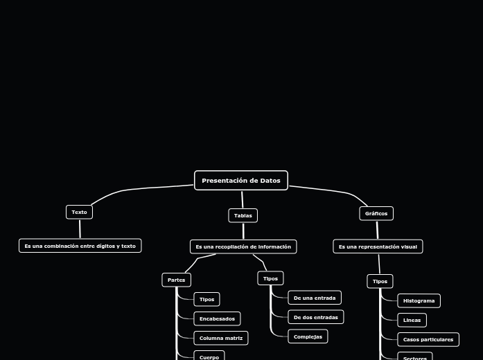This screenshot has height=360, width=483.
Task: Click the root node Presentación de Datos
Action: [x=241, y=181]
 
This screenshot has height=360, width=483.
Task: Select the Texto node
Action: [x=79, y=212]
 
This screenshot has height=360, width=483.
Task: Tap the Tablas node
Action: [x=243, y=215]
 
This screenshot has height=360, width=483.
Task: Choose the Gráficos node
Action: [x=376, y=213]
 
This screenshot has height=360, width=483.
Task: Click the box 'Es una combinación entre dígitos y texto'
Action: [x=80, y=246]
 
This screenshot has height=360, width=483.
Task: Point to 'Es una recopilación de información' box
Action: [x=243, y=246]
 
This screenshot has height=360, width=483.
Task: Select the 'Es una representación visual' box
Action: [x=378, y=246]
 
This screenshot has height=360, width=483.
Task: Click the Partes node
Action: [x=176, y=280]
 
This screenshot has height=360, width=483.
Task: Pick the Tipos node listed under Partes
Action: [x=207, y=299]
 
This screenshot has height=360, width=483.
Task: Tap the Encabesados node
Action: [x=217, y=318]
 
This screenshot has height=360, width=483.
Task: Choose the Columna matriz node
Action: [x=221, y=338]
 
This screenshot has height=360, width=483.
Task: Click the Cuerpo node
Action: [x=209, y=357]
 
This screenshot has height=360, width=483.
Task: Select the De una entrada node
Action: [x=315, y=298]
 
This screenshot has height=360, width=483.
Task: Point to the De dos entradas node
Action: [x=316, y=317]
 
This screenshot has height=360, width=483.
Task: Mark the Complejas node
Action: [x=308, y=336]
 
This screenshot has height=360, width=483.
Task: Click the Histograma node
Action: [x=419, y=300]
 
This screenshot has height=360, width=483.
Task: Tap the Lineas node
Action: [x=412, y=320]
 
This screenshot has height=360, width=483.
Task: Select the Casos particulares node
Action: [x=428, y=339]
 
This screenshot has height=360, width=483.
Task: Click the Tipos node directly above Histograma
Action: [x=380, y=281]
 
